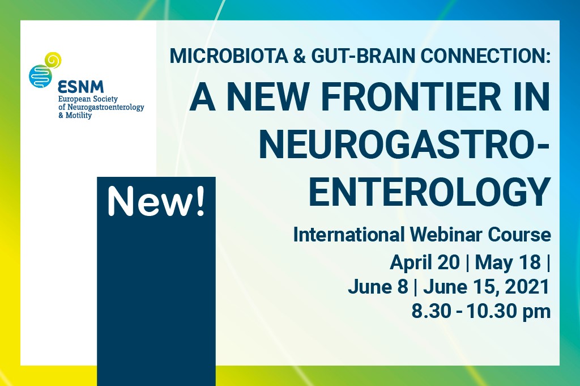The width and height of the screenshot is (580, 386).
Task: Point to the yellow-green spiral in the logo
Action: (x=53, y=59)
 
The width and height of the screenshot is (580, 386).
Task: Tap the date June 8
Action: (x=378, y=287)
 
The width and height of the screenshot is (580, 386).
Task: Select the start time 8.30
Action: (x=428, y=312)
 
